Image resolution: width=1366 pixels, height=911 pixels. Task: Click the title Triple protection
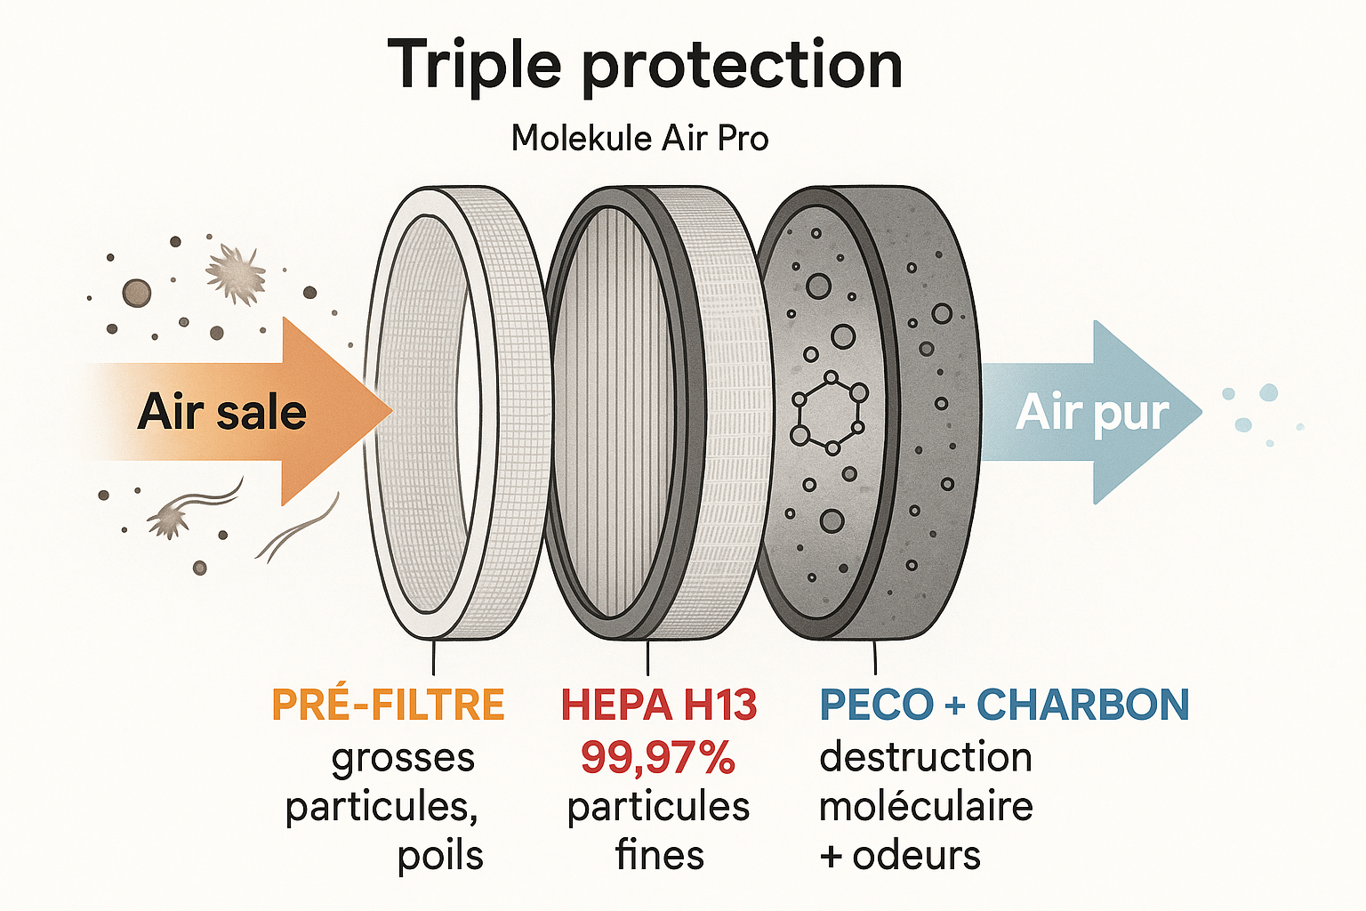[645, 66]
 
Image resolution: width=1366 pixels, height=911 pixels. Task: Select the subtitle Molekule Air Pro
[639, 139]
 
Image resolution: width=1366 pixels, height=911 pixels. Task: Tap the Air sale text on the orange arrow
[222, 413]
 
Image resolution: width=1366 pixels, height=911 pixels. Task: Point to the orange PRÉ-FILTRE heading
[389, 705]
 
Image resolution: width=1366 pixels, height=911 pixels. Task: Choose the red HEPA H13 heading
[659, 705]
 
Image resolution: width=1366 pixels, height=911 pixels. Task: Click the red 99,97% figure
[658, 757]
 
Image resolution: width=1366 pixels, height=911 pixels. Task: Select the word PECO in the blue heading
[877, 705]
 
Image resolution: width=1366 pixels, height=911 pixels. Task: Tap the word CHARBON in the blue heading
[1083, 705]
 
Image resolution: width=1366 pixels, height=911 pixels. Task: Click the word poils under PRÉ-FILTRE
[440, 856]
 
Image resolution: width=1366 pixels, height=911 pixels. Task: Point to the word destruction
[926, 757]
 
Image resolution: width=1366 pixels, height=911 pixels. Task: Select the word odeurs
[917, 856]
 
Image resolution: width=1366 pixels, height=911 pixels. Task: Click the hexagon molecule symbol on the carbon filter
[829, 413]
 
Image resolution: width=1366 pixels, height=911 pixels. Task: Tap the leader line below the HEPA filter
[647, 656]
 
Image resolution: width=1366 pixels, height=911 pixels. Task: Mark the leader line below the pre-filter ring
[433, 656]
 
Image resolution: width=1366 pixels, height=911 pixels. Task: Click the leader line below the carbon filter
[875, 656]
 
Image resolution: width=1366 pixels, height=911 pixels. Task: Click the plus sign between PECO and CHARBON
[955, 706]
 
